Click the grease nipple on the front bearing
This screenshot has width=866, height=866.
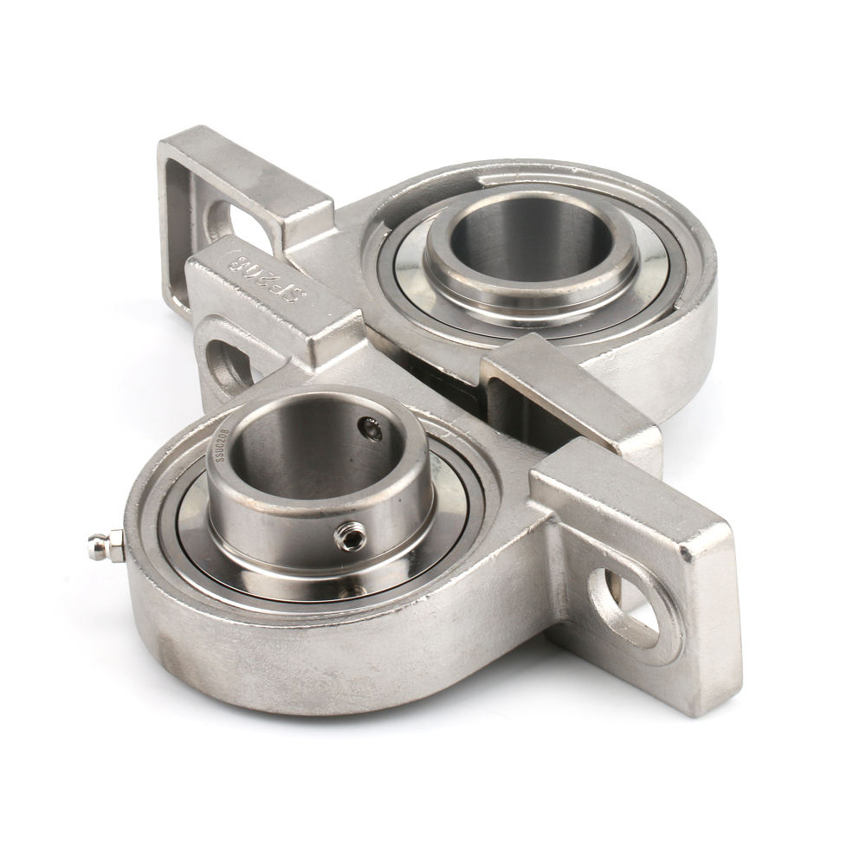point(101,547)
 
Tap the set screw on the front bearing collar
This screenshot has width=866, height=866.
point(350,538)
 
